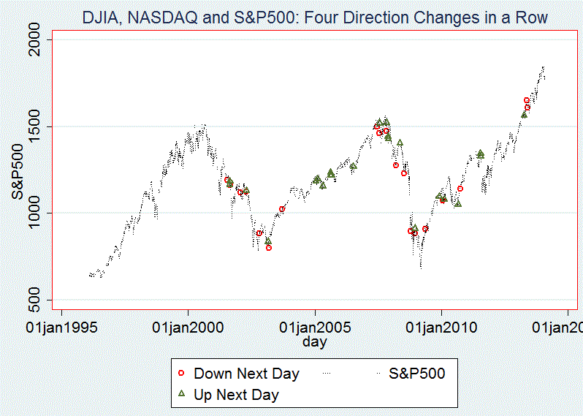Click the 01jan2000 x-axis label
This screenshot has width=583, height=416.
(x=188, y=326)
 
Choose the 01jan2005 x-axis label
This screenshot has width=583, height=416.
(x=315, y=326)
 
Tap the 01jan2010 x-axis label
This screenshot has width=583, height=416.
(x=441, y=326)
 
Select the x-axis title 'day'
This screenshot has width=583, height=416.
(x=315, y=341)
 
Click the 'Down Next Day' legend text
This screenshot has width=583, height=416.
(x=246, y=374)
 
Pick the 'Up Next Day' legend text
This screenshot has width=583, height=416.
(x=236, y=395)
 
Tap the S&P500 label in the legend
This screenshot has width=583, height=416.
(x=416, y=374)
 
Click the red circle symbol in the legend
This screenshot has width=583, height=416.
(x=181, y=374)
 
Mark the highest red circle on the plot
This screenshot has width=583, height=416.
(x=527, y=100)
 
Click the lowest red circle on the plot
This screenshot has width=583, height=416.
(x=269, y=248)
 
